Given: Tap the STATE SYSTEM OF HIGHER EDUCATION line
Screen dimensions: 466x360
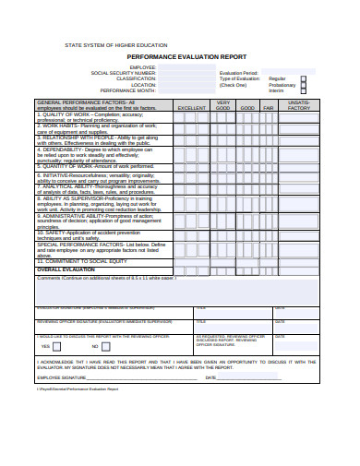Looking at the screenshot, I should tap(115, 44).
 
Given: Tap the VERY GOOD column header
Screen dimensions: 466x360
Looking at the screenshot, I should tap(222, 105).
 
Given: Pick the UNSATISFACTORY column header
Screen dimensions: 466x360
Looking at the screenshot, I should tap(299, 105).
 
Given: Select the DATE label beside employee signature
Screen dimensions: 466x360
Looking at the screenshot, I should tap(210, 377).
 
